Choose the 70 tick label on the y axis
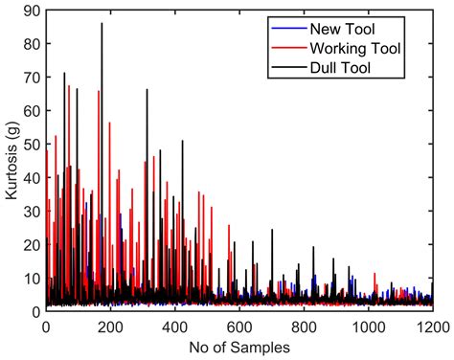coord(31,78)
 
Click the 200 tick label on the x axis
coord(110,325)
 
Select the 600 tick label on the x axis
coord(238,325)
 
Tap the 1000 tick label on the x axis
coord(368,325)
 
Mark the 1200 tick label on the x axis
coord(431,325)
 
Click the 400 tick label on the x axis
coord(174,325)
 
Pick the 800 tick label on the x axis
coord(304,325)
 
